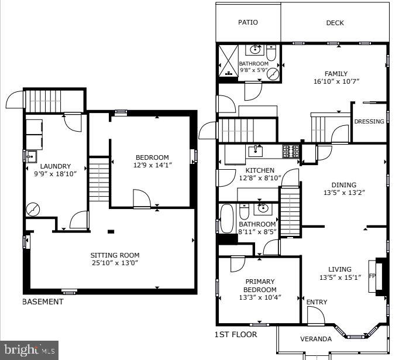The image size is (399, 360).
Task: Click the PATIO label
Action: click(248, 22)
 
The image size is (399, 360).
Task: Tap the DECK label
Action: click(335, 23)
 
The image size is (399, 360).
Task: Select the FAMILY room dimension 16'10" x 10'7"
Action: click(336, 81)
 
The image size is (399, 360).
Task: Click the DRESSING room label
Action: click(369, 121)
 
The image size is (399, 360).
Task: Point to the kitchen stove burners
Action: click(291, 151)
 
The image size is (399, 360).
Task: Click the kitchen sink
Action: click(256, 151)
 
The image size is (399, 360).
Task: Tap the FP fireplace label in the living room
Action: click(372, 276)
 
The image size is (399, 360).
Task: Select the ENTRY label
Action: click(317, 302)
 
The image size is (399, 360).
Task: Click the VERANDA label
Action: click(316, 339)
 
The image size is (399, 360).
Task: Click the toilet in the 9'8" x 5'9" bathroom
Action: click(271, 53)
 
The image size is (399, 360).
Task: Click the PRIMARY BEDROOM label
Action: click(260, 286)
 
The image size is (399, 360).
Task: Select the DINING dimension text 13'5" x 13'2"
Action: click(344, 193)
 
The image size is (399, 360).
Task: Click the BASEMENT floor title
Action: click(43, 301)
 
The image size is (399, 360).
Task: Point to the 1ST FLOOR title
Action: click(236, 334)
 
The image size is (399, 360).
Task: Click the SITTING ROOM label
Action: click(115, 255)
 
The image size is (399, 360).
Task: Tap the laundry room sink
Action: click(31, 156)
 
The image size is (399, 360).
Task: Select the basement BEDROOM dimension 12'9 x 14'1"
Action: click(153, 165)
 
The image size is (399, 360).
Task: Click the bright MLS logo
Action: click(29, 350)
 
